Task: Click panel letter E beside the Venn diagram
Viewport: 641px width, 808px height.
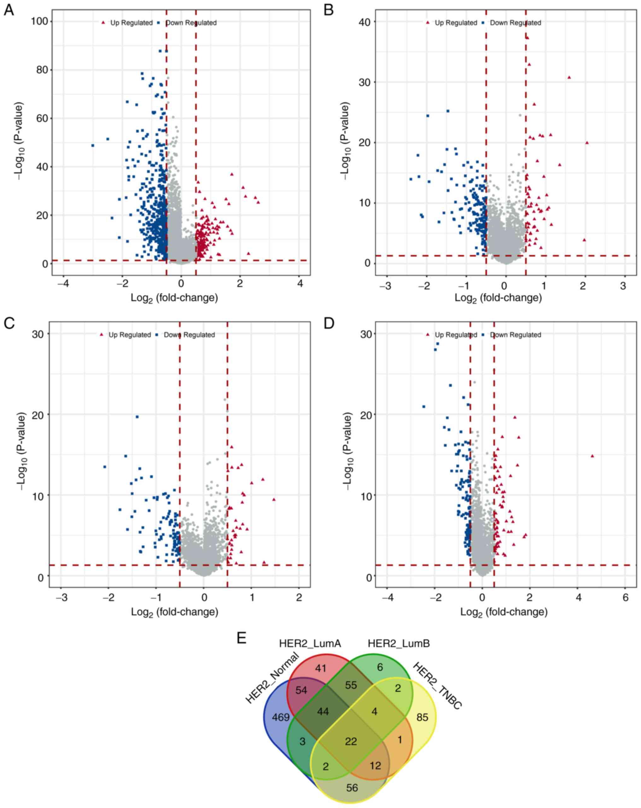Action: pos(242,638)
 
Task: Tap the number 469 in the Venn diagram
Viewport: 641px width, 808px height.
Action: pos(281,717)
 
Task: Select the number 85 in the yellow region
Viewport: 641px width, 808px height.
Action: pos(422,717)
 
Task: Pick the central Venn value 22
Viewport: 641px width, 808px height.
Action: pos(351,741)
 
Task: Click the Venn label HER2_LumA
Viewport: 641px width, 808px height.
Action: pos(310,644)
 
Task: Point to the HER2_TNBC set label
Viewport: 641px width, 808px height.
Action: pos(438,686)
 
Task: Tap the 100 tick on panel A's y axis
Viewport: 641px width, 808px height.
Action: pos(40,21)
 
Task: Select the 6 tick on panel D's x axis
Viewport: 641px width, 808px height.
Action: pos(625,597)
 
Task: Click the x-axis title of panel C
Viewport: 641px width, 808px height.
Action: pos(174,612)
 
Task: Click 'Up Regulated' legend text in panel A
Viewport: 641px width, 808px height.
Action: pos(131,23)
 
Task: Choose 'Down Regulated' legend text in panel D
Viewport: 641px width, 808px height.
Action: pos(515,335)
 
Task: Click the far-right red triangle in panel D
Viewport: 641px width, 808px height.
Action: pos(592,456)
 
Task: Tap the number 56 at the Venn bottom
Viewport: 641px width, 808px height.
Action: pos(352,788)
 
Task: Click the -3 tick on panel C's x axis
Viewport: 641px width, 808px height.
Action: pos(62,597)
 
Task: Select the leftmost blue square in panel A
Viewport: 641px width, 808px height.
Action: pos(92,146)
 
